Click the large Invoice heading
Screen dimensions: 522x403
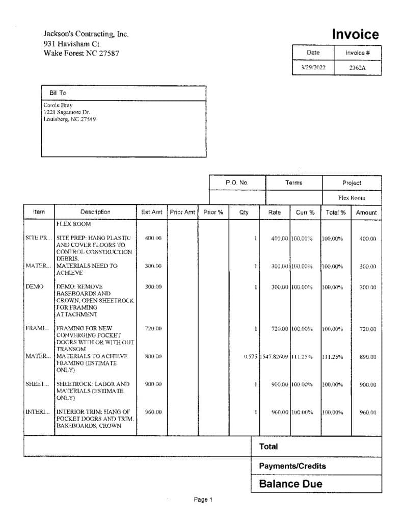pos(355,35)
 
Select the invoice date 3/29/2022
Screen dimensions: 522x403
pos(313,67)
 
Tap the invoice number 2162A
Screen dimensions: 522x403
pos(357,67)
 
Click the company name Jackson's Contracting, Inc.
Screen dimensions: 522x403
pos(86,34)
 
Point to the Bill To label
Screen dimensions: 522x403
pos(58,93)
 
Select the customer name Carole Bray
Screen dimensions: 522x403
pos(58,105)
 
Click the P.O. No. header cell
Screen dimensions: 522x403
pos(237,182)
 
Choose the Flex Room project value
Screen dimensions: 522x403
pos(352,197)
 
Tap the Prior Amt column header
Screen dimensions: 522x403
pos(182,212)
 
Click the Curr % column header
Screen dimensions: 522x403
pos(305,212)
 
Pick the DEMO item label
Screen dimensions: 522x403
pos(33,287)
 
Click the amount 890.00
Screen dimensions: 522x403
pos(367,357)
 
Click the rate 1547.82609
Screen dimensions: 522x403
pos(275,356)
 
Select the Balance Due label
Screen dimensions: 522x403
pos(290,484)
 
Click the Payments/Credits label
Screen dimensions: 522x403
pos(292,466)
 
